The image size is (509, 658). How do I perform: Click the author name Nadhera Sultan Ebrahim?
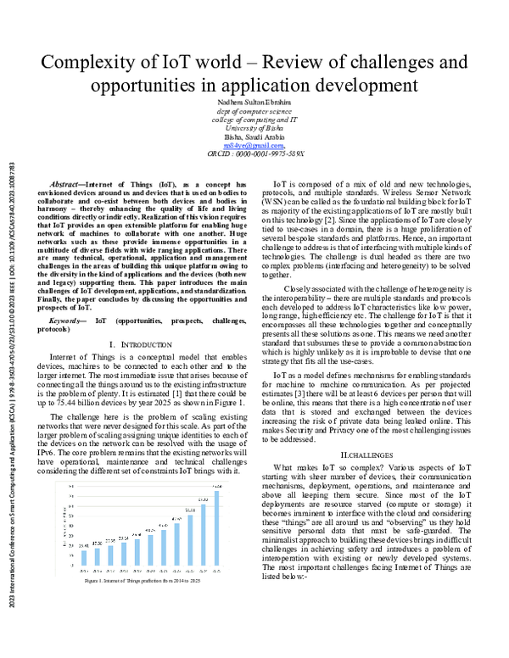pos(254,103)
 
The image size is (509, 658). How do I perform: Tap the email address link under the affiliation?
pos(253,145)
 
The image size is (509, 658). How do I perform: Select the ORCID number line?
pos(255,154)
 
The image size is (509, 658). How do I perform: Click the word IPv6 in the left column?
pos(52,454)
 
